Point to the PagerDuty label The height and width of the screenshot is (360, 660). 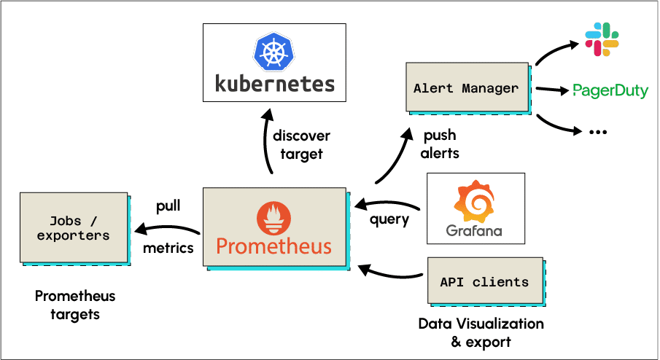pos(610,91)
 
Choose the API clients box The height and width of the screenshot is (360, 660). pos(484,282)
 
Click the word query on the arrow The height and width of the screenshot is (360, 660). pos(389,218)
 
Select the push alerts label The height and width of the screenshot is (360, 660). pos(440,144)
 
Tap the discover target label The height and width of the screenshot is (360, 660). pos(301,145)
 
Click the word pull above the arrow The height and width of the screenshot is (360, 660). pos(168,206)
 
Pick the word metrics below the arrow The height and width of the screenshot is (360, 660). pos(168,248)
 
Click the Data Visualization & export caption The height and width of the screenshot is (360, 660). pos(481,332)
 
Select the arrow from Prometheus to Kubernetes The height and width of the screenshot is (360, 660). pos(267,142)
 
